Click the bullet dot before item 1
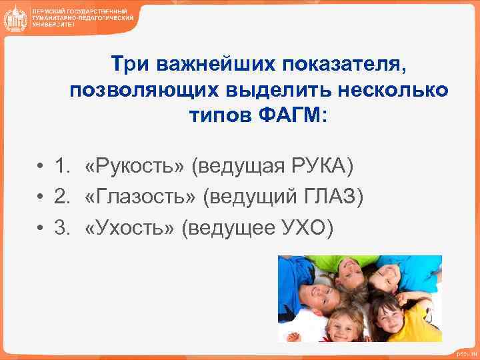point(41,166)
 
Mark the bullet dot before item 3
point(41,228)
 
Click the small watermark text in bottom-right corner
point(465,353)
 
